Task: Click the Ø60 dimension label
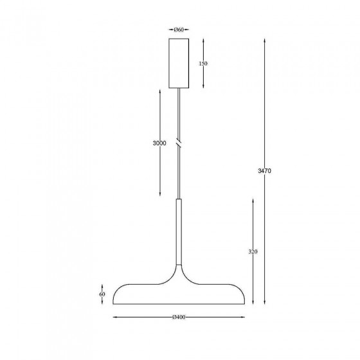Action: point(179,30)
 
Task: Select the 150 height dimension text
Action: point(203,64)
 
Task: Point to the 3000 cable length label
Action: point(159,143)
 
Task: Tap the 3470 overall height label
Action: point(264,171)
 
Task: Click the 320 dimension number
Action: point(253,251)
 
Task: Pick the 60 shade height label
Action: point(102,294)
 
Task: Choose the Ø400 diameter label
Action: point(179,318)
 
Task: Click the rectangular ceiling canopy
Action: point(179,64)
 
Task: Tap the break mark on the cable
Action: point(179,143)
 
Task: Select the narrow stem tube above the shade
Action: point(179,232)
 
